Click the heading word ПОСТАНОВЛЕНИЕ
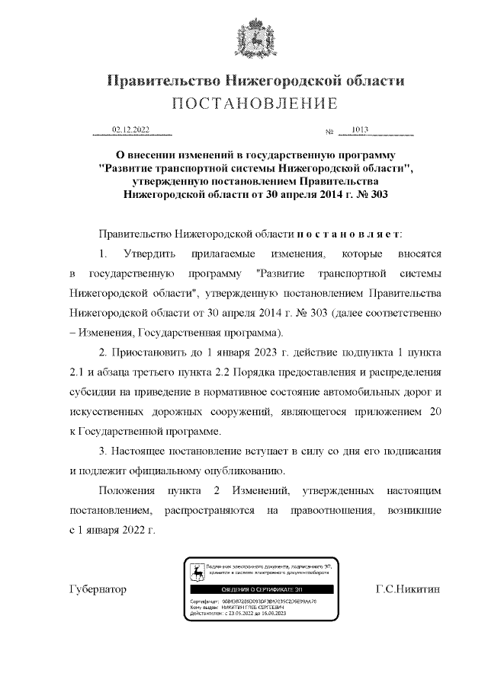pyautogui.click(x=255, y=104)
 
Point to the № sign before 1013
pyautogui.click(x=330, y=132)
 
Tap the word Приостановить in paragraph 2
pyautogui.click(x=149, y=353)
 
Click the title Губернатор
pyautogui.click(x=97, y=590)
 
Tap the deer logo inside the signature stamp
pyautogui.click(x=197, y=573)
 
